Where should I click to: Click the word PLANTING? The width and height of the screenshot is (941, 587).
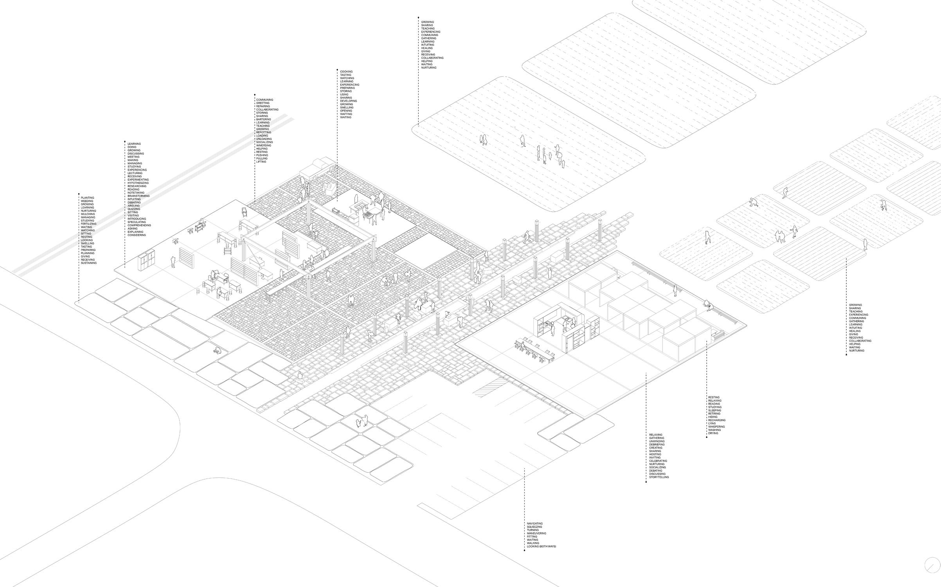pyautogui.click(x=88, y=198)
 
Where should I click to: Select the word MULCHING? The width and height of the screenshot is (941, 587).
pyautogui.click(x=88, y=214)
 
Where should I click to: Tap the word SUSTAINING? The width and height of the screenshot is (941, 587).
pyautogui.click(x=89, y=263)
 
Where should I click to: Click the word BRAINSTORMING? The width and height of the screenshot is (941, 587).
pyautogui.click(x=139, y=196)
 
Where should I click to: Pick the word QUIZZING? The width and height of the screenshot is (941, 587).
pyautogui.click(x=134, y=209)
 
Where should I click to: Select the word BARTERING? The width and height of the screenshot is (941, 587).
pyautogui.click(x=263, y=119)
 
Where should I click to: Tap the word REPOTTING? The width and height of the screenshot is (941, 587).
pyautogui.click(x=264, y=132)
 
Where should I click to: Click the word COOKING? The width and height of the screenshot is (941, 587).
pyautogui.click(x=346, y=72)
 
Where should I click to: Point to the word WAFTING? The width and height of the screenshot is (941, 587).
pyautogui.click(x=346, y=114)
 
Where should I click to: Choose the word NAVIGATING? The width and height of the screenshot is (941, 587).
pyautogui.click(x=535, y=524)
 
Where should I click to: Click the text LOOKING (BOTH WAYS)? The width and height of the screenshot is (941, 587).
pyautogui.click(x=542, y=546)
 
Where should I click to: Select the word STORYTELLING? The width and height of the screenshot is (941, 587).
pyautogui.click(x=659, y=477)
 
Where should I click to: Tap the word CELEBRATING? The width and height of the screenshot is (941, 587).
pyautogui.click(x=658, y=461)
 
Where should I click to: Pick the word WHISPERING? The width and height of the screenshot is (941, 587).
pyautogui.click(x=716, y=427)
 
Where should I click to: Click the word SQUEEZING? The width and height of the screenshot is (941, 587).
pyautogui.click(x=534, y=527)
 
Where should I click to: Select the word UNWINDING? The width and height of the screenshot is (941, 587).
pyautogui.click(x=657, y=441)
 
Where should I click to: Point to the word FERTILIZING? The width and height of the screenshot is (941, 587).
pyautogui.click(x=88, y=224)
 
